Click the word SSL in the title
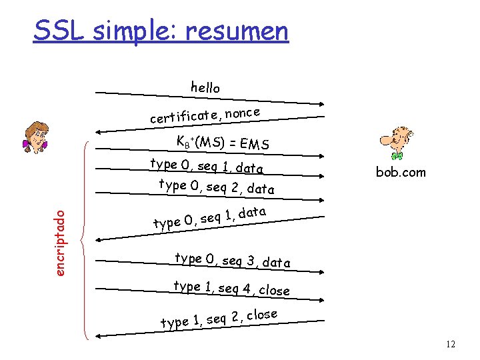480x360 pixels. tap(58, 30)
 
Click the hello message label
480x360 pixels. tap(205, 87)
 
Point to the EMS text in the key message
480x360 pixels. tap(254, 142)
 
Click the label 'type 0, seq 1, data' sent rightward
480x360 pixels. tap(207, 166)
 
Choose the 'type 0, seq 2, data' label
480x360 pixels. tap(217, 187)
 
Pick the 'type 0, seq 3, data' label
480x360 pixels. tap(232, 260)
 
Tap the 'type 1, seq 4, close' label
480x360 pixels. tap(231, 288)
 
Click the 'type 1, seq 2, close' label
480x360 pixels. tap(219, 319)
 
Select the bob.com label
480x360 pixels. tap(400, 172)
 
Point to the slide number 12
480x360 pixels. tap(450, 344)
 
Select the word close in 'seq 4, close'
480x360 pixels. tap(274, 290)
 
